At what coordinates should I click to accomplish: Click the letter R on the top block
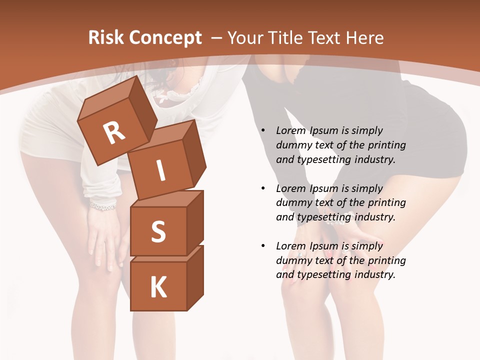(114, 133)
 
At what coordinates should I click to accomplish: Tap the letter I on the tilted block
(161, 171)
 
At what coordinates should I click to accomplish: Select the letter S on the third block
(158, 231)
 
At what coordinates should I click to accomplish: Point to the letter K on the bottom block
(158, 287)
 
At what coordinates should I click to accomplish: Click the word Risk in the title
(106, 38)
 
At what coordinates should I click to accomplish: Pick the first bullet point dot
(263, 130)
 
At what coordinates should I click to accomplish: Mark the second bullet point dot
(263, 188)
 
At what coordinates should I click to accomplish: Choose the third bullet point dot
(263, 246)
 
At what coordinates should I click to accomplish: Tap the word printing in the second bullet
(386, 202)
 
